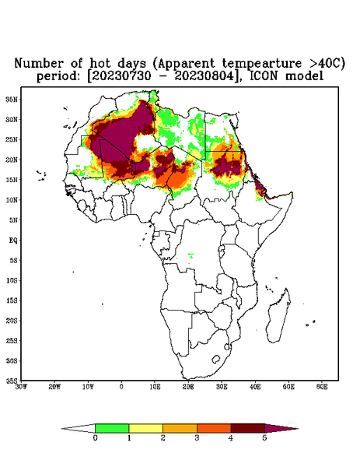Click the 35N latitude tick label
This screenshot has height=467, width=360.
tap(12, 99)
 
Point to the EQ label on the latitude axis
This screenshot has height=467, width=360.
tap(13, 240)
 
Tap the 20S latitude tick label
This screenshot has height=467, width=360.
tap(12, 321)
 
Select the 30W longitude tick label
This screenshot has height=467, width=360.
tap(21, 387)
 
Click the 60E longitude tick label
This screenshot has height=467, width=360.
tap(322, 387)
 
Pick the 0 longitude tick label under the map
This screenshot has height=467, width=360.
tap(121, 387)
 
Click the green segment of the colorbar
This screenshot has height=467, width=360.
tap(112, 428)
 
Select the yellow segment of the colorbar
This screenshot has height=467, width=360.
tap(145, 428)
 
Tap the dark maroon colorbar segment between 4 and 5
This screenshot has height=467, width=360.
tap(248, 428)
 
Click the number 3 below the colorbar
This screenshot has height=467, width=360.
tap(197, 438)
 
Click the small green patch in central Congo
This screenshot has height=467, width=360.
tap(190, 255)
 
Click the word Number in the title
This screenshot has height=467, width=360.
tap(39, 63)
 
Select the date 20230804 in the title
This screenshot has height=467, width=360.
tap(204, 76)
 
